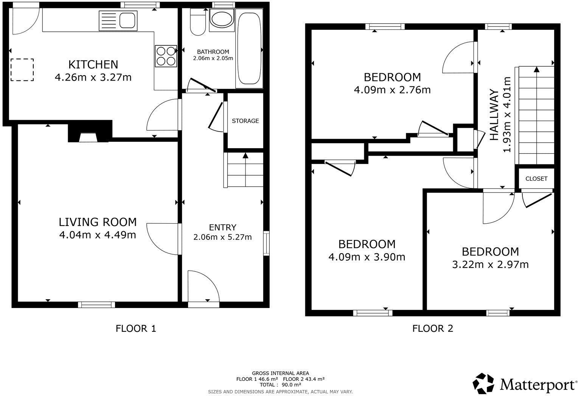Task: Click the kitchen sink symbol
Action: pyautogui.click(x=117, y=20)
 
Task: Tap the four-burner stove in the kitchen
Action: pyautogui.click(x=166, y=56)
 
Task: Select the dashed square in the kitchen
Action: pyautogui.click(x=22, y=70)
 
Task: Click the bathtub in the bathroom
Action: pyautogui.click(x=249, y=48)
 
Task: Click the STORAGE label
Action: pyautogui.click(x=245, y=121)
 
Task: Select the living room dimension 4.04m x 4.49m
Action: pyautogui.click(x=97, y=235)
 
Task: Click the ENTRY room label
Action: pyautogui.click(x=222, y=227)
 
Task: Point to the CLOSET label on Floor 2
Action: pyautogui.click(x=536, y=179)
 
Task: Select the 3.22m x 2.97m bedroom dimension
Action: pyautogui.click(x=490, y=265)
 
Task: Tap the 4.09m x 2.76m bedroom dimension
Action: pyautogui.click(x=392, y=90)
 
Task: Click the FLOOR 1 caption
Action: pyautogui.click(x=135, y=328)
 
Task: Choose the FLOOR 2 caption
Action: pyautogui.click(x=432, y=328)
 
